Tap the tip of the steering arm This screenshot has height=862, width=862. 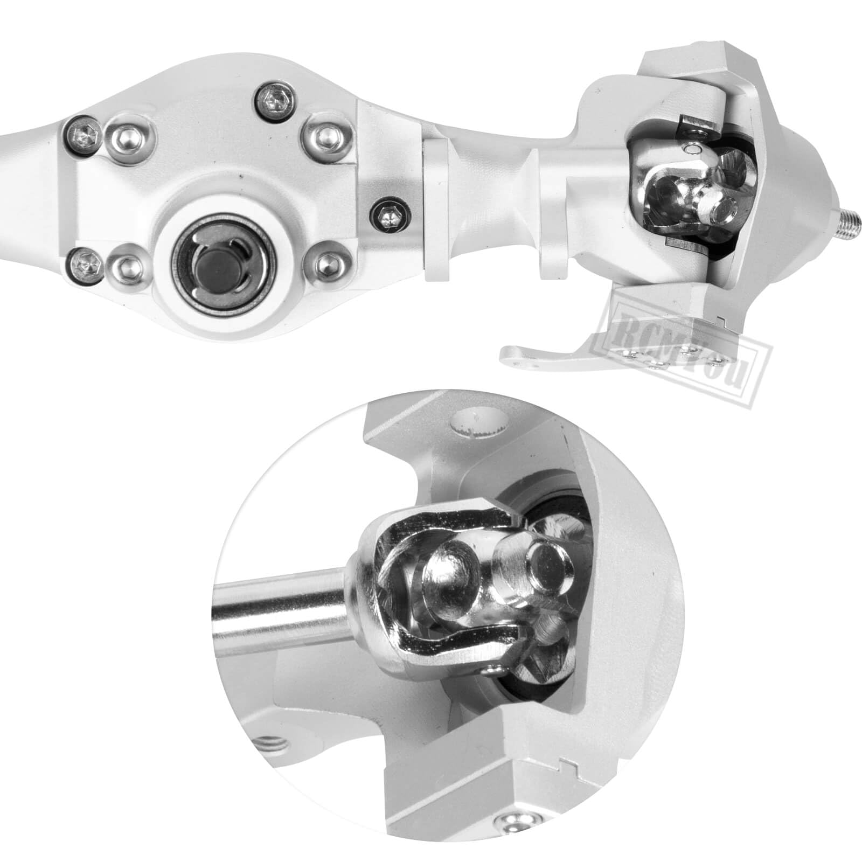coord(510,354)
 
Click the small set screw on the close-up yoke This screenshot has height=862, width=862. coord(491,670)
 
